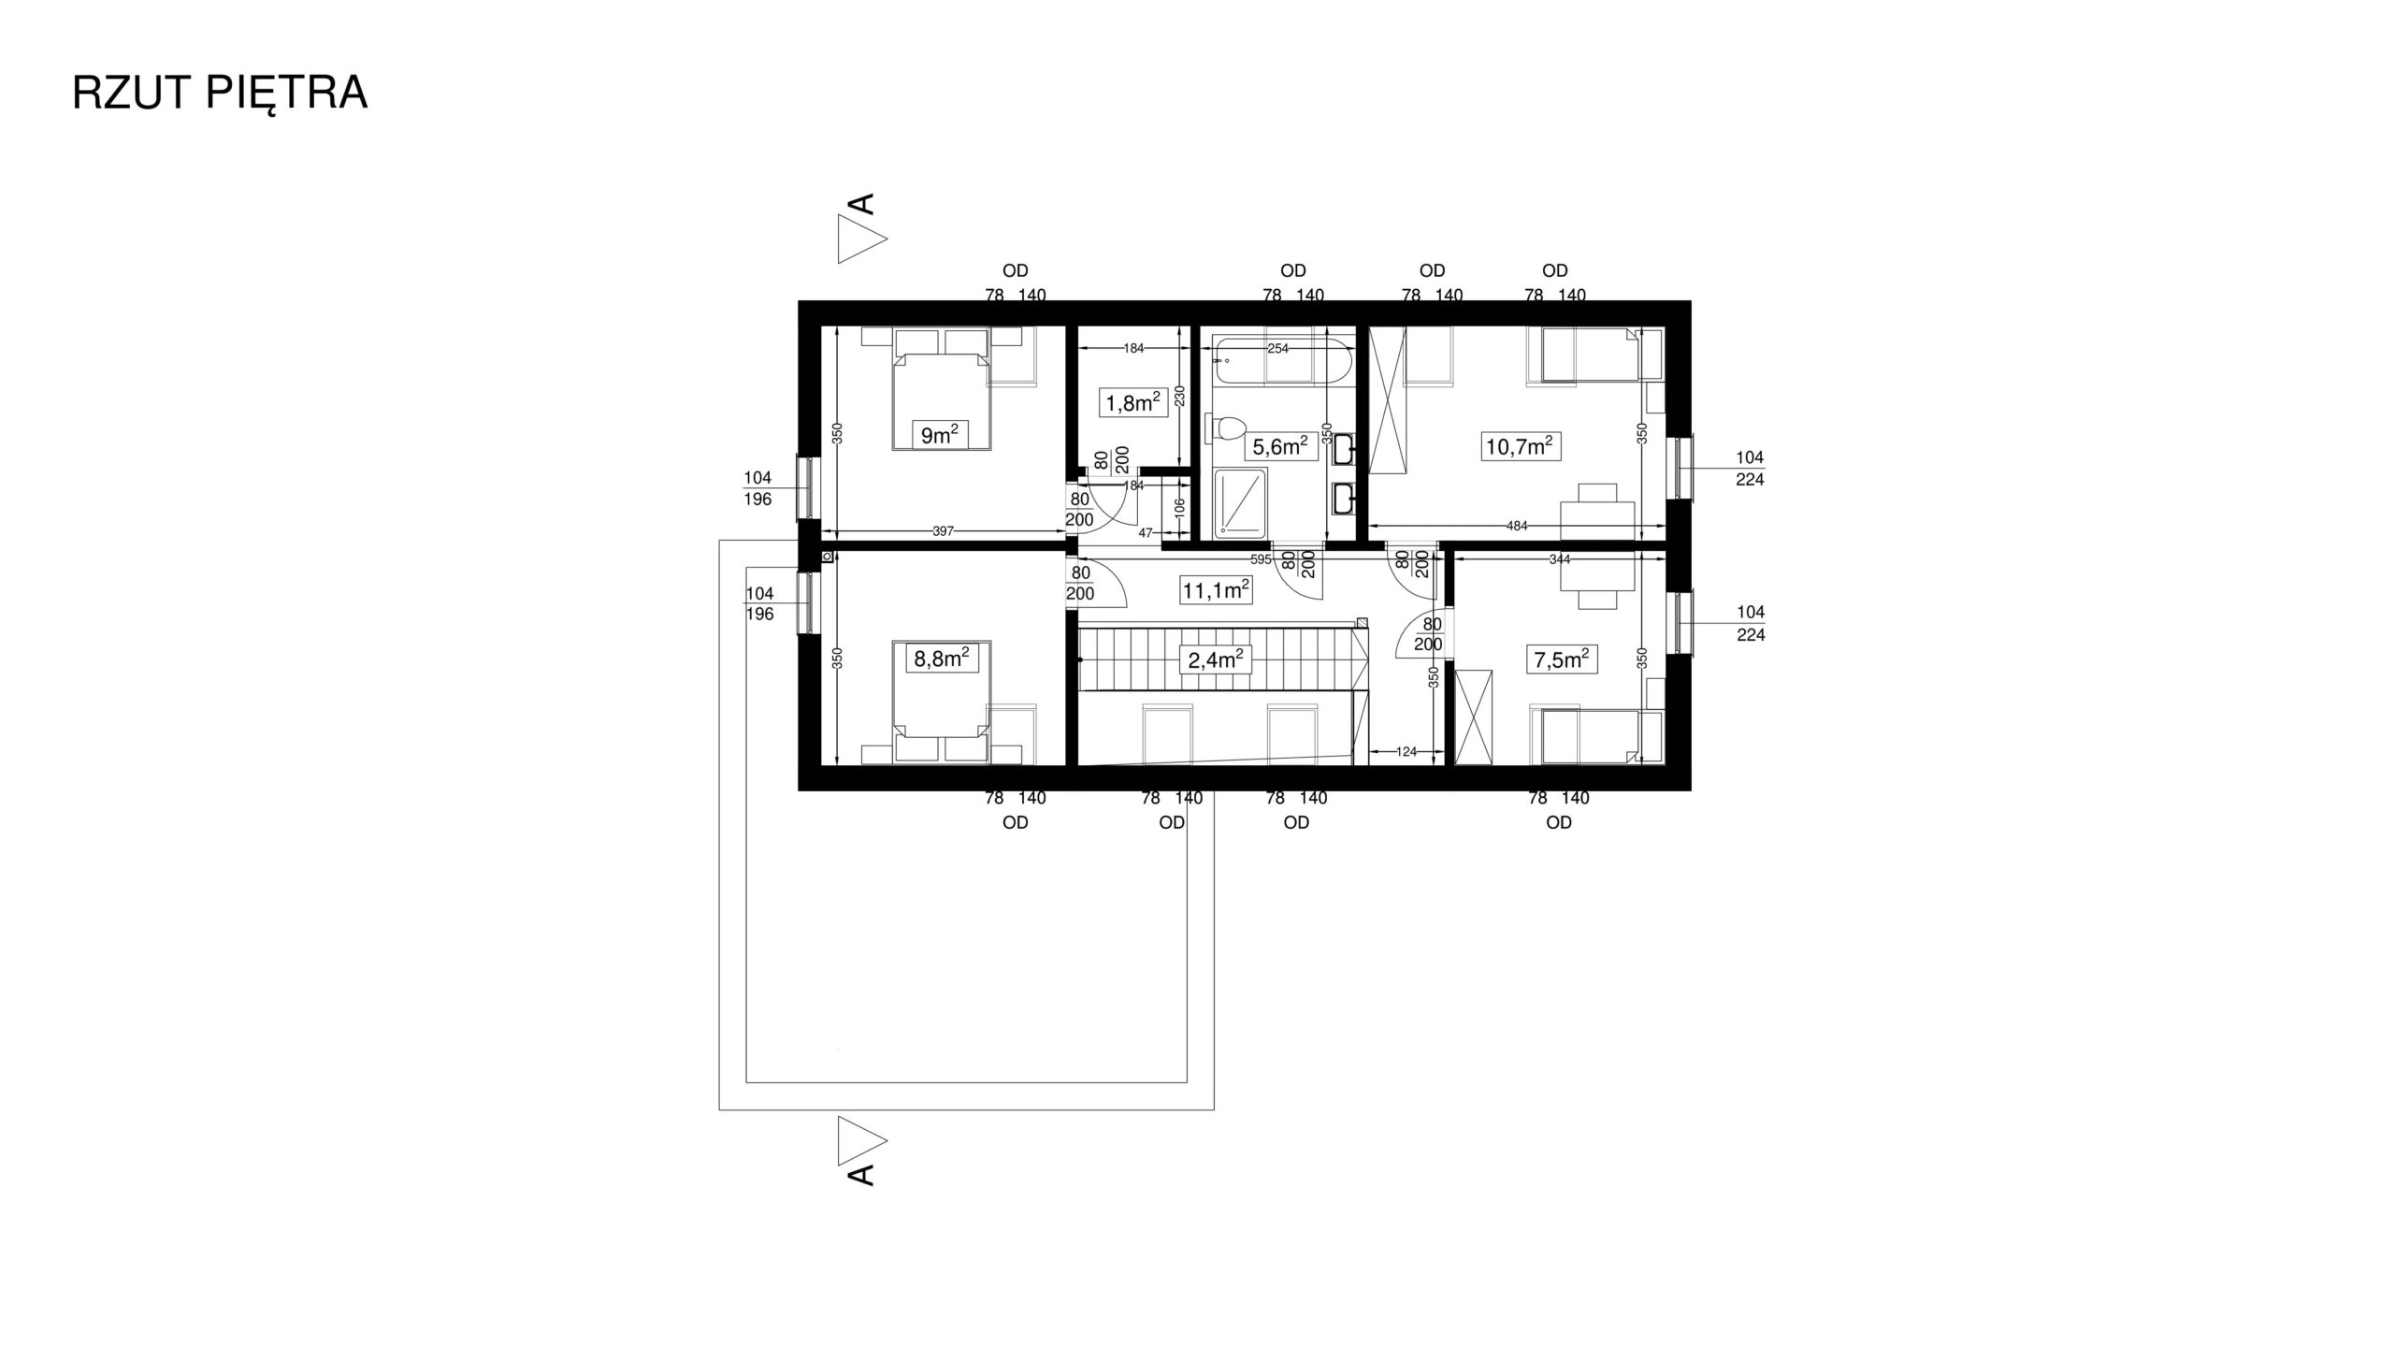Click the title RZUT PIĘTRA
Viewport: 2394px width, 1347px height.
(x=220, y=94)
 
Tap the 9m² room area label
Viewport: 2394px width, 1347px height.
(x=940, y=435)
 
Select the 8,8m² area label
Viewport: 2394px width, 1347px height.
(x=940, y=659)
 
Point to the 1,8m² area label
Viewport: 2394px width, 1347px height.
(x=1133, y=403)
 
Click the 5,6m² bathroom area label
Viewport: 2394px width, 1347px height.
(x=1280, y=447)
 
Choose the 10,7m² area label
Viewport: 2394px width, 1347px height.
(x=1520, y=446)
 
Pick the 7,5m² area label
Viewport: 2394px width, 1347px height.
(x=1562, y=659)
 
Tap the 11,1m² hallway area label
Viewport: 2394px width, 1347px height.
(x=1217, y=590)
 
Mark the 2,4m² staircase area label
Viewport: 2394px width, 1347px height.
(x=1216, y=660)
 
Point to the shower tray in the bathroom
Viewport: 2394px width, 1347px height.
(x=1240, y=503)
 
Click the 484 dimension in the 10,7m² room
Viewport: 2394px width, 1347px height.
(x=1517, y=526)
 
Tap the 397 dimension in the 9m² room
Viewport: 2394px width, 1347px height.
(x=943, y=531)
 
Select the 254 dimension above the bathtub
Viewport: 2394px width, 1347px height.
(x=1277, y=348)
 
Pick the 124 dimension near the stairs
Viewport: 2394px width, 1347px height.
(x=1406, y=751)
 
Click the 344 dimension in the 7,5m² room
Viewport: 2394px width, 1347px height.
(x=1559, y=560)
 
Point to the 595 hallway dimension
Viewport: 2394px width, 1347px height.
(x=1261, y=560)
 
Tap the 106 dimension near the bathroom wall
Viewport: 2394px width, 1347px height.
(x=1179, y=509)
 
